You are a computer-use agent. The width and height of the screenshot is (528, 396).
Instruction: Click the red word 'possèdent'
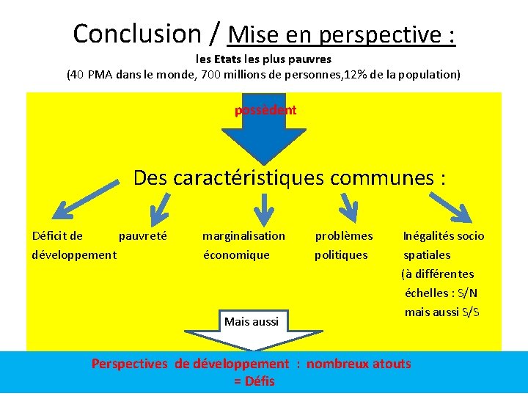(x=265, y=110)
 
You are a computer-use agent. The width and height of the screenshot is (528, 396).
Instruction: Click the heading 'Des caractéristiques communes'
(x=290, y=177)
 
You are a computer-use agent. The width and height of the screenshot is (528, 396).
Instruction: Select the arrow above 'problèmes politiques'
(x=346, y=204)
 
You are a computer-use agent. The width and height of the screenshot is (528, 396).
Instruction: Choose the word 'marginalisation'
(x=243, y=236)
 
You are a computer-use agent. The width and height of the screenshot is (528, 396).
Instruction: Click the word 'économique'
(x=236, y=255)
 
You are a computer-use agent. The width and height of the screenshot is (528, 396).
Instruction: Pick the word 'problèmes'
(x=343, y=236)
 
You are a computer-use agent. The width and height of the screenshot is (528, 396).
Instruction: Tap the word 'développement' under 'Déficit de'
(x=74, y=255)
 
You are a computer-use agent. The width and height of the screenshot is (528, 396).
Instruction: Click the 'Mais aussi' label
(x=251, y=321)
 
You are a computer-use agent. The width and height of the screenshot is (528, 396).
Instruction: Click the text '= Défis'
(x=254, y=381)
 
